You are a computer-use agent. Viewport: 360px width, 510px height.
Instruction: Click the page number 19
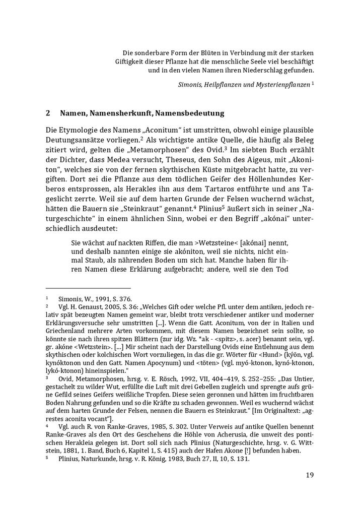310,474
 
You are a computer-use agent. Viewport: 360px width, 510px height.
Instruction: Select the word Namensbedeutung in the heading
186,113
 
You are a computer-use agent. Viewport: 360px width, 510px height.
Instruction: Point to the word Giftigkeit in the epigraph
131,61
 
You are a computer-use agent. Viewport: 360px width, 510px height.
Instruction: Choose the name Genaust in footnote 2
87,306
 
